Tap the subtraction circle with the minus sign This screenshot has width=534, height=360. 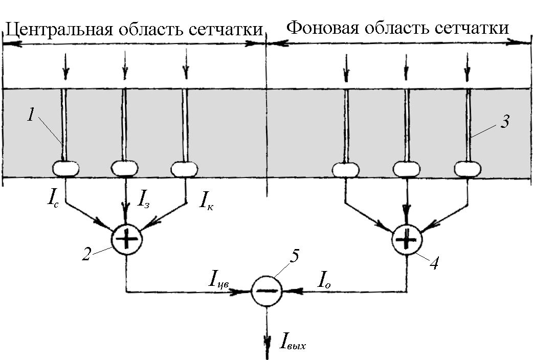pos(266,290)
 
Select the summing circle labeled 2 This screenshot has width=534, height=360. pos(126,239)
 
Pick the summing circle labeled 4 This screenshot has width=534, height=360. pos(407,239)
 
